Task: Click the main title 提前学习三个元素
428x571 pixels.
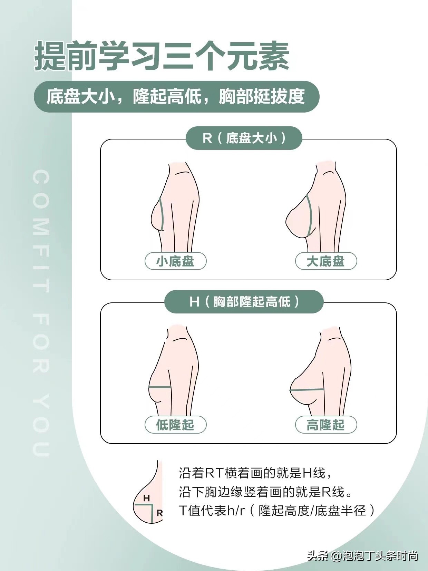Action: [x=162, y=55]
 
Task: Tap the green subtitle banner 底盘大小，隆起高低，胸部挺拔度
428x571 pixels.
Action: [x=177, y=97]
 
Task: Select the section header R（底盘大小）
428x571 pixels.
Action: [x=244, y=138]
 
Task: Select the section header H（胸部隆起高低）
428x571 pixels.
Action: [x=244, y=302]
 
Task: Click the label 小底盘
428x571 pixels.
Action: [x=176, y=261]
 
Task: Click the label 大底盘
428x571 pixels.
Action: [x=326, y=261]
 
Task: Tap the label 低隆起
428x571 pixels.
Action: [x=176, y=425]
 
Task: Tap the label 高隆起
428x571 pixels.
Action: [x=326, y=425]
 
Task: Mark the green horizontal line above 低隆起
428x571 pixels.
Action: [x=160, y=387]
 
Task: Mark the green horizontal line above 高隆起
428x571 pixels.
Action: [x=307, y=390]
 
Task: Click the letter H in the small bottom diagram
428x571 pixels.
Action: [x=147, y=498]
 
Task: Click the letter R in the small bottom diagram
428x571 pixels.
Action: [x=160, y=513]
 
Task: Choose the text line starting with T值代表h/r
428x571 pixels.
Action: [x=277, y=510]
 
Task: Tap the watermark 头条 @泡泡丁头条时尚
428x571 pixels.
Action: [x=362, y=554]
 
